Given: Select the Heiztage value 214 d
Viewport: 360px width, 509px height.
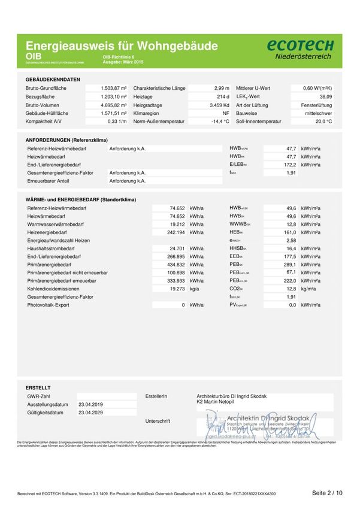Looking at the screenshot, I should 223,96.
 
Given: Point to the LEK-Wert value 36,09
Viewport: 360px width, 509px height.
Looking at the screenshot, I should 325,96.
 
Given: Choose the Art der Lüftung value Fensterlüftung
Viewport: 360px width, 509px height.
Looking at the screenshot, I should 317,105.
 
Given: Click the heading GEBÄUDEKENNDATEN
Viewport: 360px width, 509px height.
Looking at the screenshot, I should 53,79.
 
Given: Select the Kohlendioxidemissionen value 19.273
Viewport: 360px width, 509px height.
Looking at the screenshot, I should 174,289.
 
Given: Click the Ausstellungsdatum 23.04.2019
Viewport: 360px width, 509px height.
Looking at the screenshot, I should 90,405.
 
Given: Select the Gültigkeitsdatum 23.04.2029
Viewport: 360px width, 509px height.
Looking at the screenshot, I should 90,413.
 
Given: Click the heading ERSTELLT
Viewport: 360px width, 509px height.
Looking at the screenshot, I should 38,387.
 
